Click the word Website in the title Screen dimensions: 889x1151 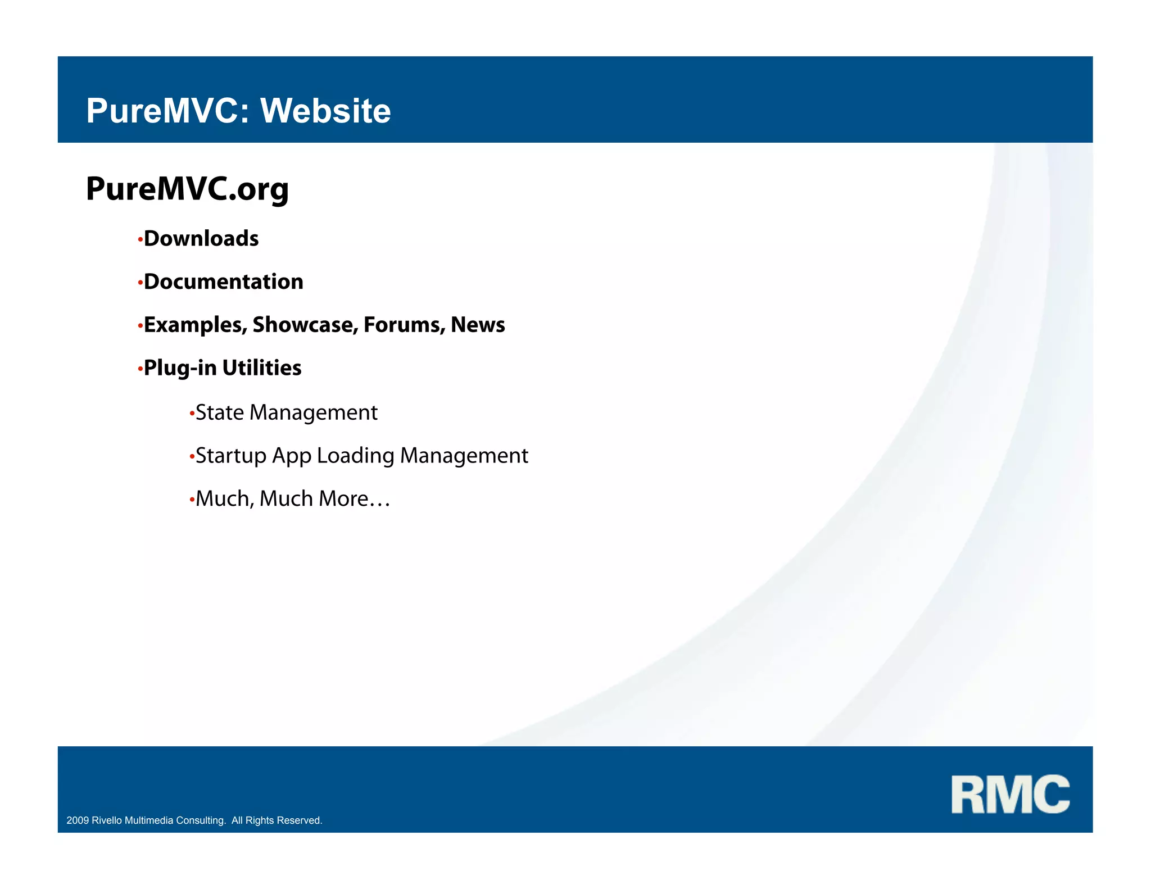pos(325,111)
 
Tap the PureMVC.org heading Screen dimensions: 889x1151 pos(187,189)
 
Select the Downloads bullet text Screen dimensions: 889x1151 pos(201,239)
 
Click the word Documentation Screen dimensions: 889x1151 pos(224,282)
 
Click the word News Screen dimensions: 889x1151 pos(478,325)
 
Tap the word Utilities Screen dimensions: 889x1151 pos(262,368)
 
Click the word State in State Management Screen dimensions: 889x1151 pos(219,413)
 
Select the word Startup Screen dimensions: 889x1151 pos(230,456)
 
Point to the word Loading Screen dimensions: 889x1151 pos(355,456)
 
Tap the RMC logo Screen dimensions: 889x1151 pos(1010,794)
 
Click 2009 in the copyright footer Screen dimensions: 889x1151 pos(78,820)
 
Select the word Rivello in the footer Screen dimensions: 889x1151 pos(107,820)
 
